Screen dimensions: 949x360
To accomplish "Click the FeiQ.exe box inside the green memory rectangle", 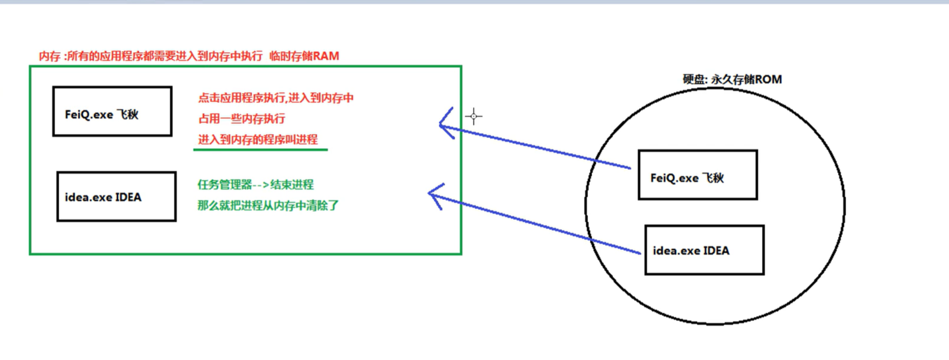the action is (112, 112).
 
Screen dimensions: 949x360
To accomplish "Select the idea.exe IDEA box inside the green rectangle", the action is (116, 197).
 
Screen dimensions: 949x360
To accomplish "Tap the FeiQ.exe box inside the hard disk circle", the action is (697, 175).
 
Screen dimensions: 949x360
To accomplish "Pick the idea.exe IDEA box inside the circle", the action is (704, 250).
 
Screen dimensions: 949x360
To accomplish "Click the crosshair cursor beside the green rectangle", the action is (473, 116).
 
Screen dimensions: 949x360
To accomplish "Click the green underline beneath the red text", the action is (260, 150).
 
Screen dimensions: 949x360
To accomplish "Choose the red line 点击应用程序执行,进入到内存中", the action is (276, 98).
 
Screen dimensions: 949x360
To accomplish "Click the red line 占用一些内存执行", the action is (242, 119).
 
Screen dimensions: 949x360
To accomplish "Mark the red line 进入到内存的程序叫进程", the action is (258, 140).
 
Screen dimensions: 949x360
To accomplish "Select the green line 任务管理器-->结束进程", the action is (255, 184).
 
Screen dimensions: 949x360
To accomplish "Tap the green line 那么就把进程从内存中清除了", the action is (268, 205).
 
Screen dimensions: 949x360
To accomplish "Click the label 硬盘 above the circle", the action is (694, 79).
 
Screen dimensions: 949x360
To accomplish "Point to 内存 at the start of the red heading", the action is (49, 56).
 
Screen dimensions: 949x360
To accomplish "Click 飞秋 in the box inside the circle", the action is (713, 178).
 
